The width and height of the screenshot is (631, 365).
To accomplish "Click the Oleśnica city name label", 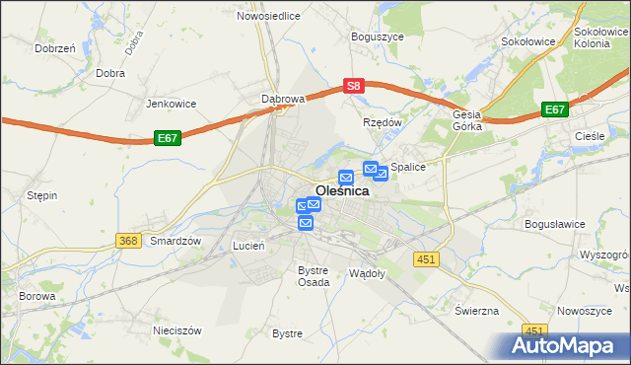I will point(342,191).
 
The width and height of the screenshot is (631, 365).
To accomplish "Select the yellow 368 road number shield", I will point(126,241).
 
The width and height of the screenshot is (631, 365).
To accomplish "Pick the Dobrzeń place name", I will point(55,47).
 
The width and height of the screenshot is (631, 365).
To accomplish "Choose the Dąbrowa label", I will point(283,99).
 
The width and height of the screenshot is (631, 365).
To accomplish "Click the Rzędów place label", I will point(384,122).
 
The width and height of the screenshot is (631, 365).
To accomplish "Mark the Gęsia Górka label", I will point(466,120).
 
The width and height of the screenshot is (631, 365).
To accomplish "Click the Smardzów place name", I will point(175,241).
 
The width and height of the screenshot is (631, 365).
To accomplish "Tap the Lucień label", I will point(248,245).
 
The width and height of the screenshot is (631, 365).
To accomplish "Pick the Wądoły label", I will point(367,271).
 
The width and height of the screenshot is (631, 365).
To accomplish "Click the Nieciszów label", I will point(176,329).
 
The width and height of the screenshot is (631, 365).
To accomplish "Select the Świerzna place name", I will point(477,310).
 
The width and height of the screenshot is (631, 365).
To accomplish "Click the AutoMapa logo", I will point(567,345).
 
